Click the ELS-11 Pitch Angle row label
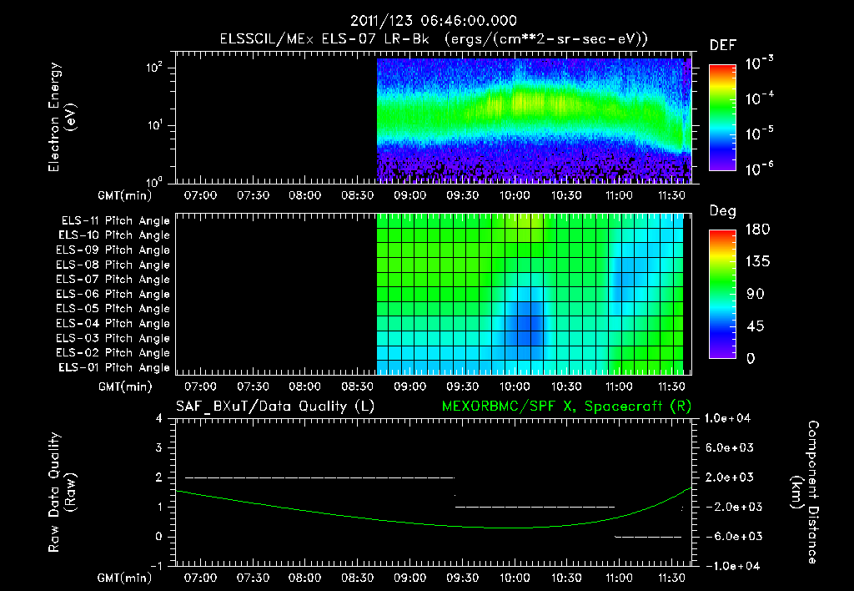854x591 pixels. coord(115,220)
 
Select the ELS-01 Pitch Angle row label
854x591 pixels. coord(115,367)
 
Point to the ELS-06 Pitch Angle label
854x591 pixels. coord(115,294)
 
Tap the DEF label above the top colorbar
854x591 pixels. coord(722,45)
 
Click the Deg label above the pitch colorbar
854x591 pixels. coord(722,211)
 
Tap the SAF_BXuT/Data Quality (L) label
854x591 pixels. coord(274,406)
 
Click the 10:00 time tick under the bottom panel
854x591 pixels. coord(514,578)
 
